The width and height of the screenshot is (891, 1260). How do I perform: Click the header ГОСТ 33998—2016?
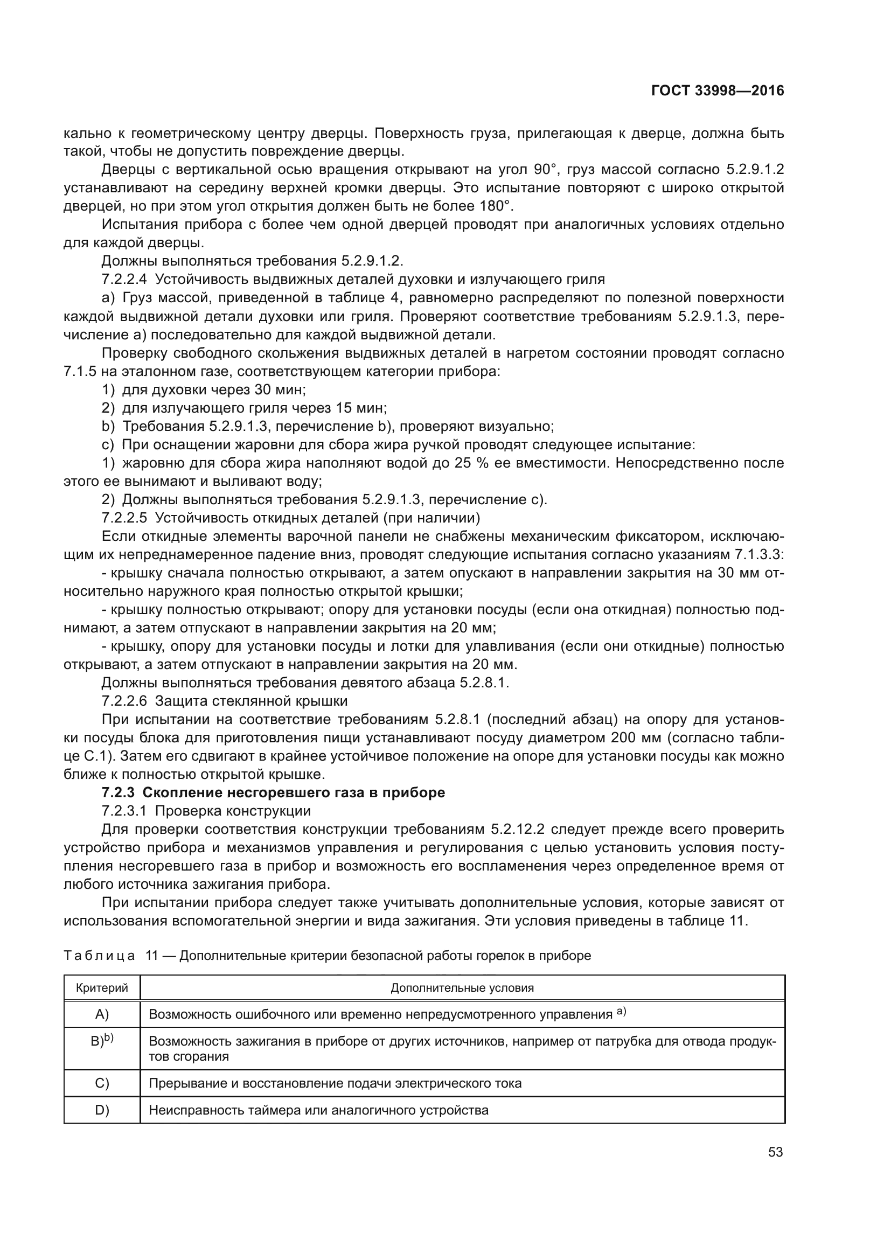pyautogui.click(x=718, y=91)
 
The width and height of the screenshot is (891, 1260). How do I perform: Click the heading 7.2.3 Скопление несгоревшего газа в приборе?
pyautogui.click(x=273, y=793)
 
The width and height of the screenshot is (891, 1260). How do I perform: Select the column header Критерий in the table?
pyautogui.click(x=102, y=988)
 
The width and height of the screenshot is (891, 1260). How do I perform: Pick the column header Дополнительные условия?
pyautogui.click(x=462, y=988)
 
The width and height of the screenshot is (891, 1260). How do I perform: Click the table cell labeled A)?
pyautogui.click(x=102, y=1014)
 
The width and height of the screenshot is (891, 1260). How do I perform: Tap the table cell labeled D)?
pyautogui.click(x=102, y=1111)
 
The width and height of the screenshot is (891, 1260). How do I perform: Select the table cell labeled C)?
pyautogui.click(x=102, y=1083)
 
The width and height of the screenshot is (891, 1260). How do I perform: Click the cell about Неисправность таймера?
pyautogui.click(x=319, y=1111)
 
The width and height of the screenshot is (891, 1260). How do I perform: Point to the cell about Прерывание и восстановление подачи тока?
pyautogui.click(x=335, y=1083)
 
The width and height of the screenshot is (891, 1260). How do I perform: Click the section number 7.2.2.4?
pyautogui.click(x=124, y=280)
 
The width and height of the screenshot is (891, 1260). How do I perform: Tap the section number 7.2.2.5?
pyautogui.click(x=124, y=518)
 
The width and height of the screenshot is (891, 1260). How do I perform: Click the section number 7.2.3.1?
pyautogui.click(x=124, y=811)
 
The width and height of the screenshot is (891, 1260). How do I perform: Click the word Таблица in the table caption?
pyautogui.click(x=99, y=956)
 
